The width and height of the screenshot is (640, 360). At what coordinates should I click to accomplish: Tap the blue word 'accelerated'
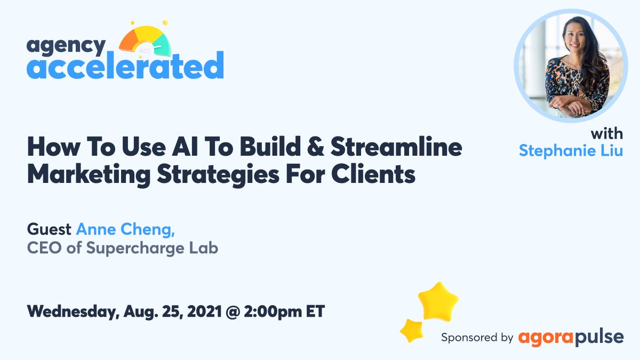pos(125,66)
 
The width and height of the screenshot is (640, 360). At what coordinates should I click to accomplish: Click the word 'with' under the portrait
pos(606,133)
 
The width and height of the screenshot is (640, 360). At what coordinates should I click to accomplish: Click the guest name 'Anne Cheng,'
pos(126,229)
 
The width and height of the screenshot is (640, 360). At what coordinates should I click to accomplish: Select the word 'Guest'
pos(49,229)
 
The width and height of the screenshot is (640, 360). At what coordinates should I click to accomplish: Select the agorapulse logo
pos(570,337)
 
